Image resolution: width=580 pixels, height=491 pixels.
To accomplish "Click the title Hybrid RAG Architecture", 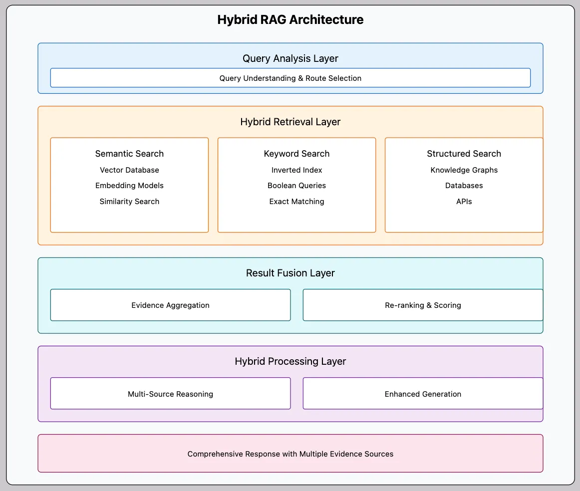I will pos(290,19).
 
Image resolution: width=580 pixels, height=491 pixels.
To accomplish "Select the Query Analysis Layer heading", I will pos(290,58).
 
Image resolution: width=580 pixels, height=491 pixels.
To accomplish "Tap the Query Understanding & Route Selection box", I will pos(290,78).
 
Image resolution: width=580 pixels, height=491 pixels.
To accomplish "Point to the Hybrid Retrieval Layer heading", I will pos(290,122).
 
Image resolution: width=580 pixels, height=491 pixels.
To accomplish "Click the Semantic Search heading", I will pos(129,154).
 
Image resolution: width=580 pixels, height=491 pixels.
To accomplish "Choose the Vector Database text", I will pos(129,170).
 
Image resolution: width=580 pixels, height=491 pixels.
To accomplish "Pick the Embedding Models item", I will pos(129,186).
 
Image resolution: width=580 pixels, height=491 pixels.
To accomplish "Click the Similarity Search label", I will pos(129,202).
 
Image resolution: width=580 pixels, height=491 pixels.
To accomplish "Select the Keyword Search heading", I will pos(296,154).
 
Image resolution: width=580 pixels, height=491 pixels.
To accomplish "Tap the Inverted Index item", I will pos(296,170).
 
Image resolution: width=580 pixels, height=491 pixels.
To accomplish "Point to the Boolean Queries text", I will pos(296,186).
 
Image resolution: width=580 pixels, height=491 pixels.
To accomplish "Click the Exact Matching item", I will pos(296,202).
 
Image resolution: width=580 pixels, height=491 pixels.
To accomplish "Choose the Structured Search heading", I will pos(464,154).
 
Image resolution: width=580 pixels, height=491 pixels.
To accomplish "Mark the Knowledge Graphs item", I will pos(464,170).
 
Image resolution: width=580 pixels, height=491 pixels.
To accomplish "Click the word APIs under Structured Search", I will pos(464,202).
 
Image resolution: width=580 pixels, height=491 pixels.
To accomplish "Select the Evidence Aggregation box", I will pos(170,305).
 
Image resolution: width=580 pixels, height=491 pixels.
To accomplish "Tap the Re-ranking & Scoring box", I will pos(423,305).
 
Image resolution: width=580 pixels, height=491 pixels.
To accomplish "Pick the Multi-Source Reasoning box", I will pos(170,394).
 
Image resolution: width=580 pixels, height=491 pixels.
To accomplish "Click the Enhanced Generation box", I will pos(423,394).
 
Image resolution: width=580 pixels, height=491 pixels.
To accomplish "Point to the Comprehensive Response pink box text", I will pos(290,454).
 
